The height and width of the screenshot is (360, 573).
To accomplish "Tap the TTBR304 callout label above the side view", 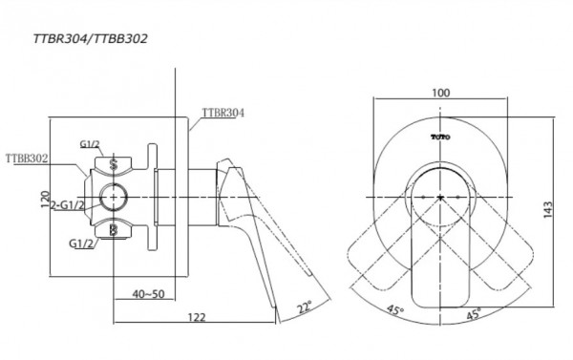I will [223, 112].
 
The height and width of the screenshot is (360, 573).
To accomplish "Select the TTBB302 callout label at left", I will [27, 158].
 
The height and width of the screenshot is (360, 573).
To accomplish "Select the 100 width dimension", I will [440, 93].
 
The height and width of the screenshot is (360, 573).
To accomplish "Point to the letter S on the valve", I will [115, 162].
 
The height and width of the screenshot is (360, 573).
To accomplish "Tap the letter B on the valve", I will [115, 230].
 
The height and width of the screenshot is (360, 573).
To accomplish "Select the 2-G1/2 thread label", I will [69, 205].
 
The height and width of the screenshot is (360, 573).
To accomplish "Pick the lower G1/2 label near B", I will [82, 244].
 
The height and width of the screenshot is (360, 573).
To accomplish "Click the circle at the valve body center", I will [115, 197].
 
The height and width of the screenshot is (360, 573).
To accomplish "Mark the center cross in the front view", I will [440, 197].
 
